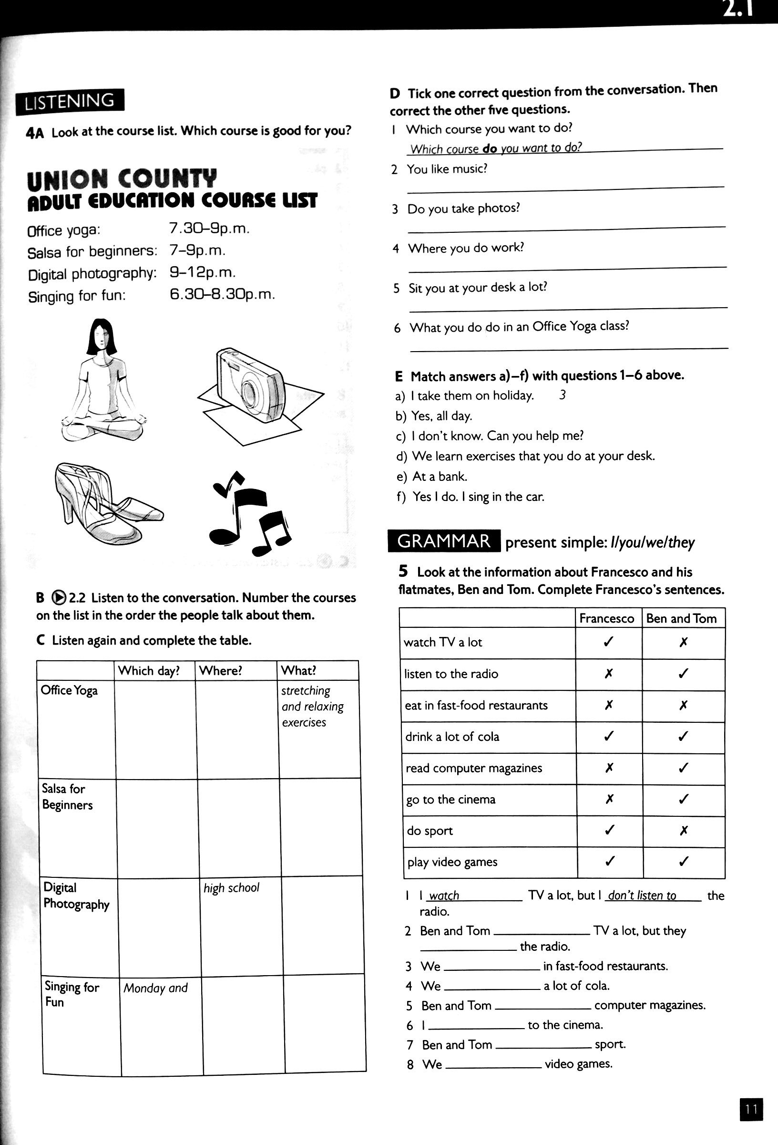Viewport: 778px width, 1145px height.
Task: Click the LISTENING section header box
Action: click(70, 102)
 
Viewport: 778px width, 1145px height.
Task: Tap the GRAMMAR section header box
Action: click(444, 541)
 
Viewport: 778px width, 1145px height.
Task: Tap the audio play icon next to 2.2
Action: click(59, 597)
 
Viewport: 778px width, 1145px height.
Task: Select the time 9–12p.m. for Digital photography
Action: click(203, 272)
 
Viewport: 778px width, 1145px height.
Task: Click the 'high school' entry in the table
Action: click(231, 888)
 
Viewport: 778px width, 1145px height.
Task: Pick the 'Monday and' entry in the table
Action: click(155, 988)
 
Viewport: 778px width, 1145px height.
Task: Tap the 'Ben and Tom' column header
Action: click(681, 618)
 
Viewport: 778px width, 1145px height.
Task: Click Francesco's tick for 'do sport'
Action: click(609, 830)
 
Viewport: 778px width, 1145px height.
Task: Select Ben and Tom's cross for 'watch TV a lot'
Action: click(683, 642)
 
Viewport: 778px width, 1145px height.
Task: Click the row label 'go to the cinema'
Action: click(450, 799)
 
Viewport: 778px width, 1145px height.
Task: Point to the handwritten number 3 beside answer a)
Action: click(563, 395)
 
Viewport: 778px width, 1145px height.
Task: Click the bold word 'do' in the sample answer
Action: click(490, 148)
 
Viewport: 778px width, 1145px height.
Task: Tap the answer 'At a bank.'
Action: click(440, 477)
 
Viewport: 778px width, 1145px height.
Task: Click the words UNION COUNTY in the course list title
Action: click(122, 179)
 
